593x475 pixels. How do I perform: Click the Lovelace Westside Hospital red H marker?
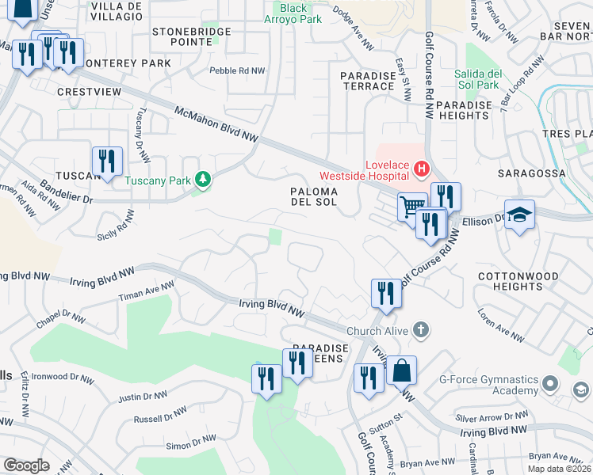coord(420,169)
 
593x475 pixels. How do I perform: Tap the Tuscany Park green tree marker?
coord(204,180)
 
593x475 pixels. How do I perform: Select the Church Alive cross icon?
coord(421,329)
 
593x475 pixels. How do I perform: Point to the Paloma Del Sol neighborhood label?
coord(314,197)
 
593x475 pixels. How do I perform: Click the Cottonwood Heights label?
coord(519,283)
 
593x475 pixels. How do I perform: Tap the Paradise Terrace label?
coord(367,81)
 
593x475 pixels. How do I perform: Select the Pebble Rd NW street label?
coord(237,70)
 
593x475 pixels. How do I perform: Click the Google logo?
coord(26,465)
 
